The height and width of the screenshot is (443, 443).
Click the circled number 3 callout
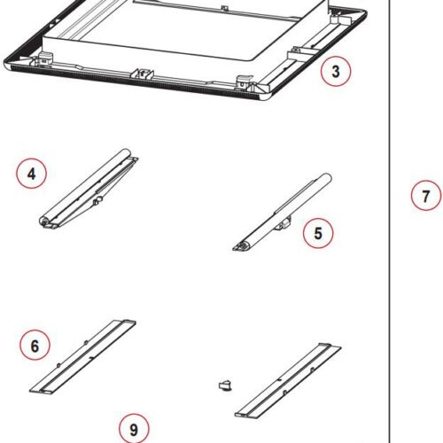point(335,72)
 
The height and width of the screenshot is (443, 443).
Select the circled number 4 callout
point(32,174)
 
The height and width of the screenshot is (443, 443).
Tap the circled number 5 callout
point(318,234)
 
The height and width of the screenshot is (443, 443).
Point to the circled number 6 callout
point(35,346)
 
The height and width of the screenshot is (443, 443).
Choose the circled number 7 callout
point(425,196)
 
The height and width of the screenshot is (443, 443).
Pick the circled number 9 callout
point(133,430)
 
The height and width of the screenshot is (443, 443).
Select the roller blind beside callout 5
point(284,213)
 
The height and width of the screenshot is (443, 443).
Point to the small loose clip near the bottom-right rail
point(225,385)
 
